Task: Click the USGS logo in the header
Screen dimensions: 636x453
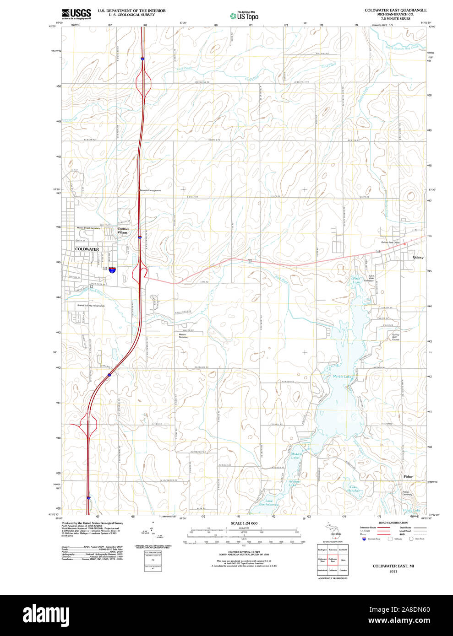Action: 76,13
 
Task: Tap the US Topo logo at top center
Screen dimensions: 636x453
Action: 244,16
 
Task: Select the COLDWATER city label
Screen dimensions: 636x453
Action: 87,249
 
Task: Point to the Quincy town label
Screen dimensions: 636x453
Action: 418,257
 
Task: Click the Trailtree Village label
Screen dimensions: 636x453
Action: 123,231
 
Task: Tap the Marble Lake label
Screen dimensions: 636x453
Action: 342,377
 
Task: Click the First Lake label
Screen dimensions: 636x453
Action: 356,280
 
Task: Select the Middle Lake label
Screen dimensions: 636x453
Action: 295,456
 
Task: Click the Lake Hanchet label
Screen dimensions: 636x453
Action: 353,489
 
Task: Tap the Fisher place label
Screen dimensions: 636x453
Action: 408,476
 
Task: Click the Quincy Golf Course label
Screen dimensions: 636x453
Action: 395,337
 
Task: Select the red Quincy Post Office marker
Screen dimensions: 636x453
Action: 404,244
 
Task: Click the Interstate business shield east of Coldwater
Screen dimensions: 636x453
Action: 112,270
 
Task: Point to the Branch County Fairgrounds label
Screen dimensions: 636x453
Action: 91,306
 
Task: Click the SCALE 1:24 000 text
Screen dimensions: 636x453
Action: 244,523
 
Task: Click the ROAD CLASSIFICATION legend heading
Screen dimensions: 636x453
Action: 393,523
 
